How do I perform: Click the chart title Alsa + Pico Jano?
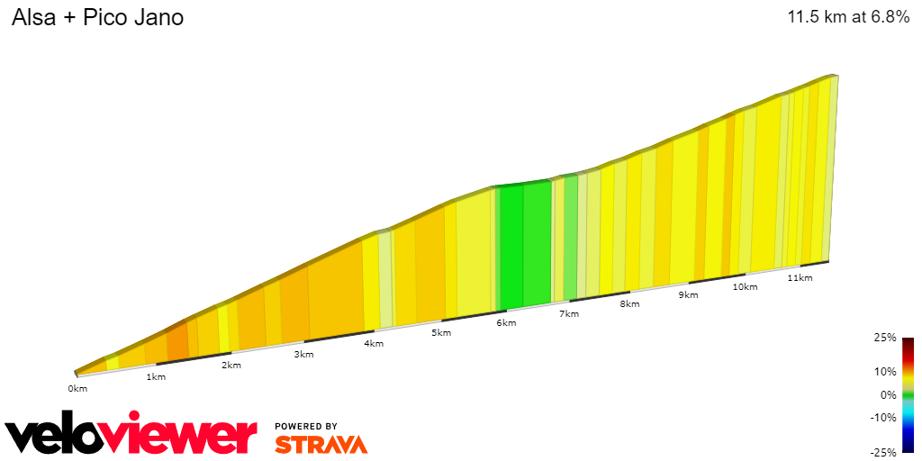[97, 17]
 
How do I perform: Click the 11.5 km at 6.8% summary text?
[848, 17]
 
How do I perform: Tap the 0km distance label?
[77, 388]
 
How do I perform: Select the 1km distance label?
[156, 376]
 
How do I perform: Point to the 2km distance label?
[230, 365]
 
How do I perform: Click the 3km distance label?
[303, 354]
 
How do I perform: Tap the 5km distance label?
[440, 332]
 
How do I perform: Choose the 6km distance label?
[506, 322]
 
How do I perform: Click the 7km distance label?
[568, 313]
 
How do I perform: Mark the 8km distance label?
[629, 304]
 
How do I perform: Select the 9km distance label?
[689, 294]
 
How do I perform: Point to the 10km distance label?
[745, 286]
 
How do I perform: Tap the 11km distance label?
[800, 278]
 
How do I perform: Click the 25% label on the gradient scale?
[885, 338]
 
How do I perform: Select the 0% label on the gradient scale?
[888, 394]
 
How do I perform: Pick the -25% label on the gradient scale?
[883, 452]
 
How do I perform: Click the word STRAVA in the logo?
[321, 444]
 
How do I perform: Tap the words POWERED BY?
[306, 426]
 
